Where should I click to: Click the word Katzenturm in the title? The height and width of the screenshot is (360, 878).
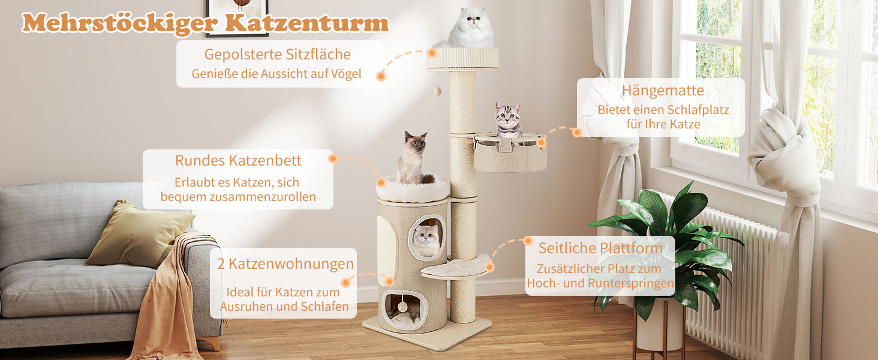(x=306, y=23)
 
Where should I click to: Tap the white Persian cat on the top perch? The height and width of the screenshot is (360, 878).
(x=468, y=28)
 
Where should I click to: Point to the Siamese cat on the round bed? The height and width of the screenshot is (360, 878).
(x=414, y=158)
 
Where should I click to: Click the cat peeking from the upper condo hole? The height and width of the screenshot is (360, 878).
(x=427, y=240)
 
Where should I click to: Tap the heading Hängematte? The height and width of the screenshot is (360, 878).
(x=663, y=91)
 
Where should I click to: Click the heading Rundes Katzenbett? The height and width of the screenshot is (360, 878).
(x=238, y=160)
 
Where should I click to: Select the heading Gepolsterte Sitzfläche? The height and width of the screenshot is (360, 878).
(x=277, y=55)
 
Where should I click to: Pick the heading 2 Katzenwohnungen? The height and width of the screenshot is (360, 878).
(x=285, y=264)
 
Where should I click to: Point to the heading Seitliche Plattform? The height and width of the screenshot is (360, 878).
(x=600, y=248)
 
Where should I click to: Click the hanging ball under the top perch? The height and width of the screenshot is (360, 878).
(x=437, y=92)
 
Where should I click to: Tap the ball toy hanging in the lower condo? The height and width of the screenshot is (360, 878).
(x=402, y=307)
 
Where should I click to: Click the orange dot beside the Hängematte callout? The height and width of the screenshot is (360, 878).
(x=576, y=132)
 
